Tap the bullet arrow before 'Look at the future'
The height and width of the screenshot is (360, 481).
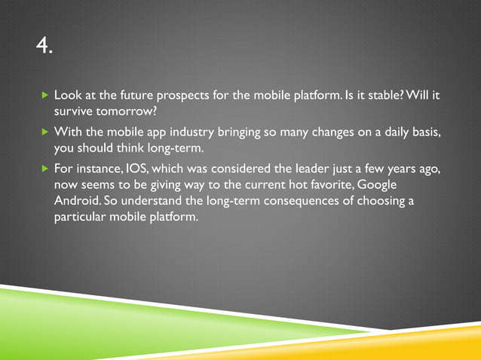[44, 98]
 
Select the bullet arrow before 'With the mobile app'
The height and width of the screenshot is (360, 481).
[44, 133]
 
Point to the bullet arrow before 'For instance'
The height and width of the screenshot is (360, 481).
[44, 167]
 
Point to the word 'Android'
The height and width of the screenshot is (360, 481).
[75, 201]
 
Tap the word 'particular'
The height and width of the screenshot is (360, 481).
[80, 218]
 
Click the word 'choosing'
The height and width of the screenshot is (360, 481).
[380, 201]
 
